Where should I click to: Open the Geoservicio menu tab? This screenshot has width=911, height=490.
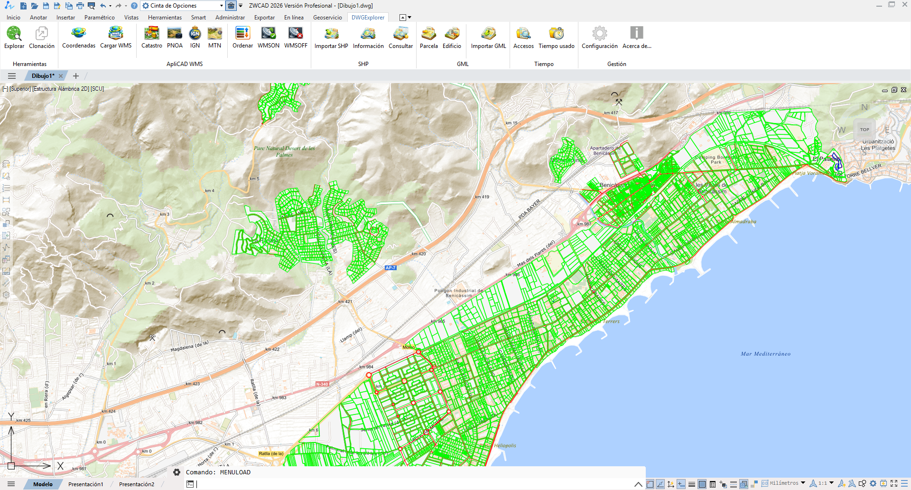point(327,18)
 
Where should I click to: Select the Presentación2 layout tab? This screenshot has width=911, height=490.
point(137,484)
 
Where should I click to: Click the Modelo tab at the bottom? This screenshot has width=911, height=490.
point(43,484)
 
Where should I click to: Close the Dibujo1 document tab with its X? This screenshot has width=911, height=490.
point(61,76)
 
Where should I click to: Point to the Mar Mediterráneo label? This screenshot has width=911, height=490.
point(765,354)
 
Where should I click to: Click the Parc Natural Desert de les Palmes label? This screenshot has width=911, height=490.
point(284,151)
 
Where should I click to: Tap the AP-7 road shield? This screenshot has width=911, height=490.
point(390,268)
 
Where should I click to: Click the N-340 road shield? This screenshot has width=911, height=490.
point(322,384)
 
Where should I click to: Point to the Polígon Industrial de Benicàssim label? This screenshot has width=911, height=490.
point(458,293)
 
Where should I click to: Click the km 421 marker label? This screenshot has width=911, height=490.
point(345,302)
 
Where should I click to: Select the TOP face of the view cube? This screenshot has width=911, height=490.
point(865,129)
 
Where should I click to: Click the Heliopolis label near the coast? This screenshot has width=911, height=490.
point(505,445)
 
